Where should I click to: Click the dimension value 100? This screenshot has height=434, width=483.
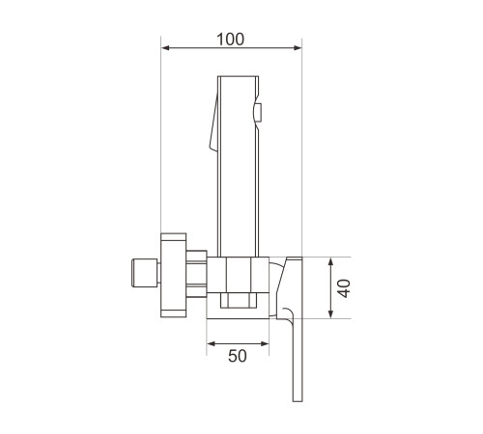coord(230,40)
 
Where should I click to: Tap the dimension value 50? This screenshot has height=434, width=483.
coord(238,356)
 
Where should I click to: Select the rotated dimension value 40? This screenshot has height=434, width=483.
coord(345,288)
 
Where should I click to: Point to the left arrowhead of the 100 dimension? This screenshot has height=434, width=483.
coord(165,48)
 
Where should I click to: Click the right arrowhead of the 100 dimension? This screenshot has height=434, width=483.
coord(298,48)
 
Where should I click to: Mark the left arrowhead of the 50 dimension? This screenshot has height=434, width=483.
coord(212,343)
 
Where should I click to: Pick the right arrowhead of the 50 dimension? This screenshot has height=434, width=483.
coord(265,343)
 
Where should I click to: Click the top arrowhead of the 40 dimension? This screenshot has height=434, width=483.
coord(330,262)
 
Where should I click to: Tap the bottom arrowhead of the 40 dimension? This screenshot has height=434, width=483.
coord(330,314)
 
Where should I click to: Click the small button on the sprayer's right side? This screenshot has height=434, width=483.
coord(258,113)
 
